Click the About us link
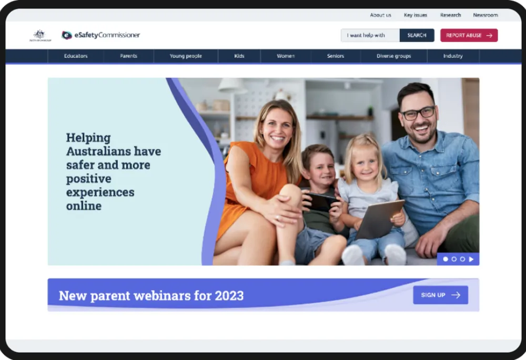pyautogui.click(x=380, y=15)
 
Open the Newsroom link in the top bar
pyautogui.click(x=485, y=15)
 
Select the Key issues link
pyautogui.click(x=416, y=15)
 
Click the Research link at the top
pyautogui.click(x=450, y=15)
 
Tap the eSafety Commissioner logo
pyautogui.click(x=101, y=35)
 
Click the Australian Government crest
pyautogui.click(x=40, y=35)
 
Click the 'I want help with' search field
pyautogui.click(x=370, y=35)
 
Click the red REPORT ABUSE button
pyautogui.click(x=469, y=35)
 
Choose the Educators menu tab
pyautogui.click(x=76, y=56)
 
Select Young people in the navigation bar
pyautogui.click(x=186, y=56)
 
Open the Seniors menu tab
pyautogui.click(x=336, y=56)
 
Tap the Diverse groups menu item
pyautogui.click(x=393, y=56)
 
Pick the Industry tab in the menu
pyautogui.click(x=453, y=56)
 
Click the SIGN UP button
pyautogui.click(x=440, y=295)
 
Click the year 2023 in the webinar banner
pyautogui.click(x=229, y=295)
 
